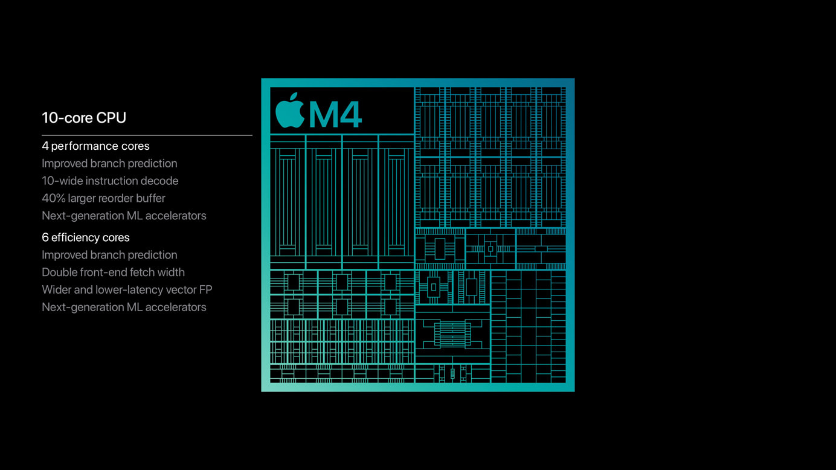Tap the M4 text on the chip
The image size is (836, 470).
click(x=335, y=114)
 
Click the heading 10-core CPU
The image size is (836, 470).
click(x=84, y=118)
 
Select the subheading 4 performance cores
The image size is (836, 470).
click(x=95, y=146)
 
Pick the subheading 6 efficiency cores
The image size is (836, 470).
click(x=85, y=237)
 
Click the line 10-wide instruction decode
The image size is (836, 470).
click(x=110, y=181)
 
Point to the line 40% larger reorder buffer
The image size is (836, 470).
click(x=103, y=198)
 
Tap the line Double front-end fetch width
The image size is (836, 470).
click(x=113, y=272)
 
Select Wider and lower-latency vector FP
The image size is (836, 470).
click(x=127, y=290)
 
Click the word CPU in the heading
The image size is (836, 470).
click(x=111, y=118)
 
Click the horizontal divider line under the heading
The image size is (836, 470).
click(x=147, y=135)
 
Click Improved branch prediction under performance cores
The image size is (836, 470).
click(x=109, y=164)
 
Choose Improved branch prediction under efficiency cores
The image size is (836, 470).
click(x=109, y=255)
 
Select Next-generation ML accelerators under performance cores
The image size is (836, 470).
click(x=124, y=216)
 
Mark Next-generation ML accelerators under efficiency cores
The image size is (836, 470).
click(x=124, y=307)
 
